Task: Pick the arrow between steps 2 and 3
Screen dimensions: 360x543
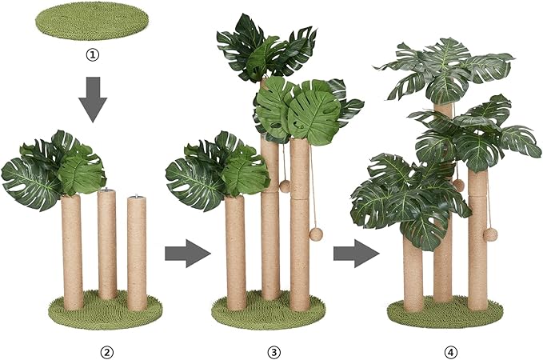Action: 186,254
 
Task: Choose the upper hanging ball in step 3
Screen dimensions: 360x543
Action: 284,186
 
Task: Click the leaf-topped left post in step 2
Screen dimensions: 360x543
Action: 71,248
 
